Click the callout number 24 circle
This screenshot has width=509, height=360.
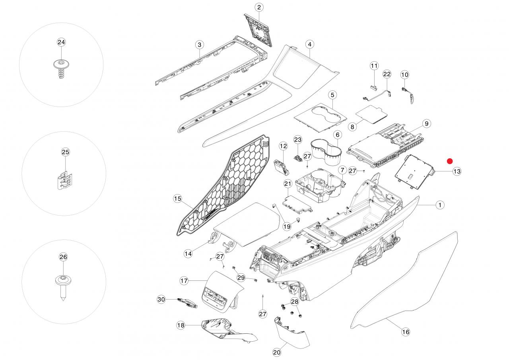click(x=61, y=42)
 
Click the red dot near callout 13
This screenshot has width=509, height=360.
click(x=450, y=161)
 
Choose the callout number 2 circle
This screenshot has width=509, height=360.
click(x=259, y=7)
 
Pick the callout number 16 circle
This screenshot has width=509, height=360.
click(x=406, y=332)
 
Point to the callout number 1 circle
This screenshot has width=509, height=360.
click(x=439, y=205)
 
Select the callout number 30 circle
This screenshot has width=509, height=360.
click(x=161, y=299)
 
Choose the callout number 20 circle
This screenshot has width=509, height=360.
click(x=277, y=352)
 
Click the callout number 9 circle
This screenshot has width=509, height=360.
click(x=426, y=124)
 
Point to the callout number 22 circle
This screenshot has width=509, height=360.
click(x=387, y=74)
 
